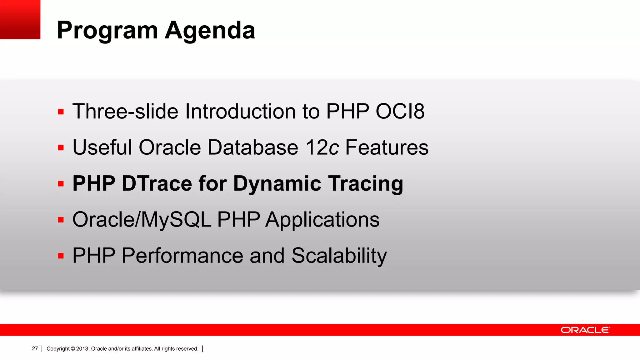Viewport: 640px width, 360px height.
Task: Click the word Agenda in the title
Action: coord(210,30)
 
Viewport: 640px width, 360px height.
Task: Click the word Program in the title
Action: coord(107,30)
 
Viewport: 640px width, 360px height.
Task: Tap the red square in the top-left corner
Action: coord(20,19)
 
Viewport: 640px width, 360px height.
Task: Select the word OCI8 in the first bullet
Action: coord(400,111)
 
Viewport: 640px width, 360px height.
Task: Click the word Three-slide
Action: coord(125,111)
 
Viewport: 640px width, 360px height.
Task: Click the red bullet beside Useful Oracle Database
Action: coord(61,147)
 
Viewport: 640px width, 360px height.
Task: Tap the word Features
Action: coord(387,147)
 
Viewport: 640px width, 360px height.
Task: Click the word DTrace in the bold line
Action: coord(157,183)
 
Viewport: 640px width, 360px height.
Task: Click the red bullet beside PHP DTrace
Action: coord(61,184)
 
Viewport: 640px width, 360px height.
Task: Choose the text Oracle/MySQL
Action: coord(142,220)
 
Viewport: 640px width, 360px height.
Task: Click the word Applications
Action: coord(322,220)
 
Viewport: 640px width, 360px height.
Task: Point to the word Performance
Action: coord(182,256)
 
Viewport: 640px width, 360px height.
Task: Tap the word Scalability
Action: coord(339,256)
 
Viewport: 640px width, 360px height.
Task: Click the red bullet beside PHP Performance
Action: coord(61,256)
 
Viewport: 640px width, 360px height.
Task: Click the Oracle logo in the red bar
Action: coord(585,330)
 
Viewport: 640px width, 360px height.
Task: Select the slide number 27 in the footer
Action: coord(35,348)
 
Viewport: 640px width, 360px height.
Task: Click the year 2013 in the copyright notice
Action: coord(82,349)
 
